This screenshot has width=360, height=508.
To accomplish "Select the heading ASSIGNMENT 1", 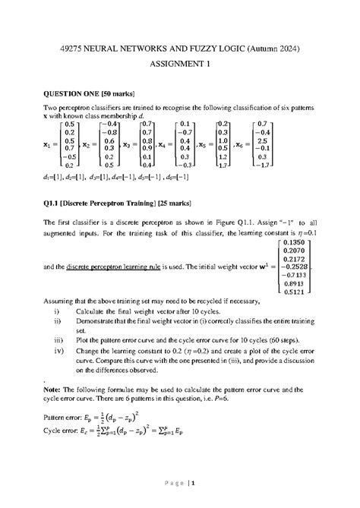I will click(x=179, y=65).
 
